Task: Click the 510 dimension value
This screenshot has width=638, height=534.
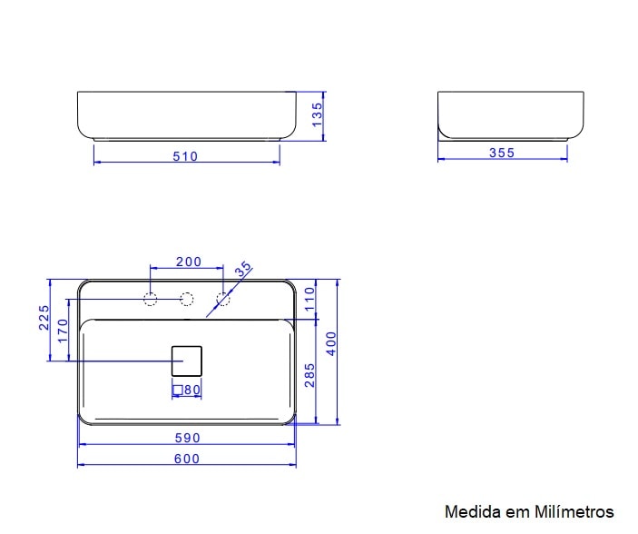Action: pos(185,156)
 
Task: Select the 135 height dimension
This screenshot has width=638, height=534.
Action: pos(318,115)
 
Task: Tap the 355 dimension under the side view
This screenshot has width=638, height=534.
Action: pos(502,153)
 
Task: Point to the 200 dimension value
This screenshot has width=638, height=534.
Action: pos(188,262)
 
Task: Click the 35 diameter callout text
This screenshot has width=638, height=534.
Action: pos(242,270)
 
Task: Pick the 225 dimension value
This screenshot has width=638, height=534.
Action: pos(44,318)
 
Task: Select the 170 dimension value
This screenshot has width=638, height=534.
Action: pos(63,330)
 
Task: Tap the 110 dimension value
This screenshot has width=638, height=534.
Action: pos(309,300)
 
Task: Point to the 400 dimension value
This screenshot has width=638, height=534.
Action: pos(331,343)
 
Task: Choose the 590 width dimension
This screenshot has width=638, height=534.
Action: pos(187,438)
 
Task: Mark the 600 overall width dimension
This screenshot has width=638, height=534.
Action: pos(187,459)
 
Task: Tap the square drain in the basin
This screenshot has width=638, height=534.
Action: pos(186,361)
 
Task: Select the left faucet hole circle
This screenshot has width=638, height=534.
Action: pos(151,300)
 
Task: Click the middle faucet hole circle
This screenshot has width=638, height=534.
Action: pos(187,300)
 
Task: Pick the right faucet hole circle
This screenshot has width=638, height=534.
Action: pos(223,300)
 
